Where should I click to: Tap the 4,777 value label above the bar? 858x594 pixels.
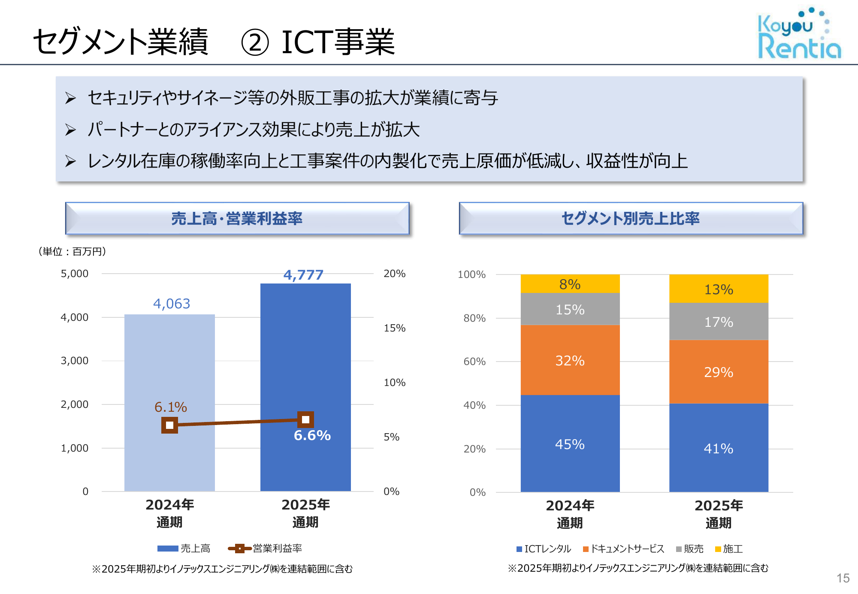(303, 275)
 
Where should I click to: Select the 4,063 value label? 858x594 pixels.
(172, 304)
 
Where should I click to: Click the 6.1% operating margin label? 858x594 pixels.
(171, 407)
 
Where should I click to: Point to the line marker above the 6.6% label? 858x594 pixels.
(305, 419)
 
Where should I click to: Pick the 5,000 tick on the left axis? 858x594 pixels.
(75, 274)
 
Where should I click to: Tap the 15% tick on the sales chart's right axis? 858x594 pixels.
(394, 328)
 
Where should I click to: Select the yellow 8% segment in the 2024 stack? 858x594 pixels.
(570, 284)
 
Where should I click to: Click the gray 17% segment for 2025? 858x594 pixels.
(719, 322)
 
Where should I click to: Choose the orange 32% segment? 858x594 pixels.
(570, 360)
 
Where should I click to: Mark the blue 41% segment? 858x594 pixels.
(719, 448)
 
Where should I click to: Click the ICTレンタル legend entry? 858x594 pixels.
(544, 549)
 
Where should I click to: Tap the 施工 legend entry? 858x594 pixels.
(729, 549)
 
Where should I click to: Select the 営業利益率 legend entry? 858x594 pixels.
(266, 549)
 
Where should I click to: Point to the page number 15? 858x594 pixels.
(843, 578)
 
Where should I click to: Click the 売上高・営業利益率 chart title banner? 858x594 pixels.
(237, 218)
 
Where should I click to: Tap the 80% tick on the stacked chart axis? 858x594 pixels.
(474, 318)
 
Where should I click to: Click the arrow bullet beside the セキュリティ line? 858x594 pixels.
(70, 98)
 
